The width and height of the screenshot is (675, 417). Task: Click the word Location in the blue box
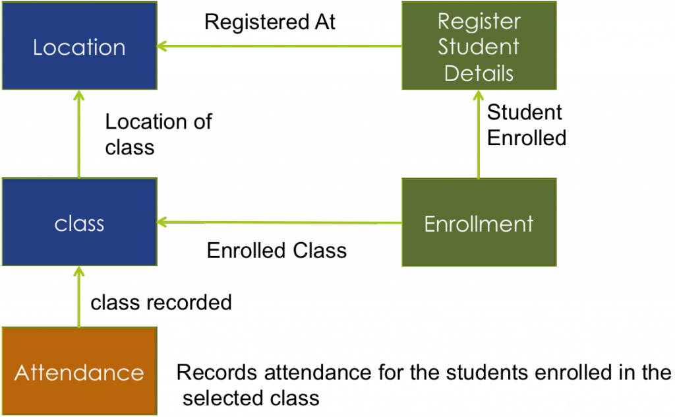(79, 48)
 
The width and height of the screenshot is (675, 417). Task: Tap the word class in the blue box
(79, 224)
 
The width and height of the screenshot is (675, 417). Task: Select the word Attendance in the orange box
(79, 373)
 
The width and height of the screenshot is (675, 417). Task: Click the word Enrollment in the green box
(479, 224)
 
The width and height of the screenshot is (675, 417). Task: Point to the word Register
(479, 21)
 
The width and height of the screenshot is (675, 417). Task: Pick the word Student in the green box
(479, 47)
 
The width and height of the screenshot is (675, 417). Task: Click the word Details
(479, 73)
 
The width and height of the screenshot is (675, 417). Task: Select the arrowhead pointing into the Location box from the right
(161, 46)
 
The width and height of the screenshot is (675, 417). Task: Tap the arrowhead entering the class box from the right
(161, 222)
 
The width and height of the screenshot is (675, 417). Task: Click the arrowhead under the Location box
(79, 95)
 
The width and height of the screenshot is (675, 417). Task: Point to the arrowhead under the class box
(79, 271)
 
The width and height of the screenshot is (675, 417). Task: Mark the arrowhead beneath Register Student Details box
(479, 95)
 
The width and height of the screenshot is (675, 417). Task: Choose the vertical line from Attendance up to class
(79, 300)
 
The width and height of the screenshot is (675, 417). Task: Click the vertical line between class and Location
(79, 139)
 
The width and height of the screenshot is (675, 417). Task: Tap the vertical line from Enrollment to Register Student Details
(479, 139)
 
